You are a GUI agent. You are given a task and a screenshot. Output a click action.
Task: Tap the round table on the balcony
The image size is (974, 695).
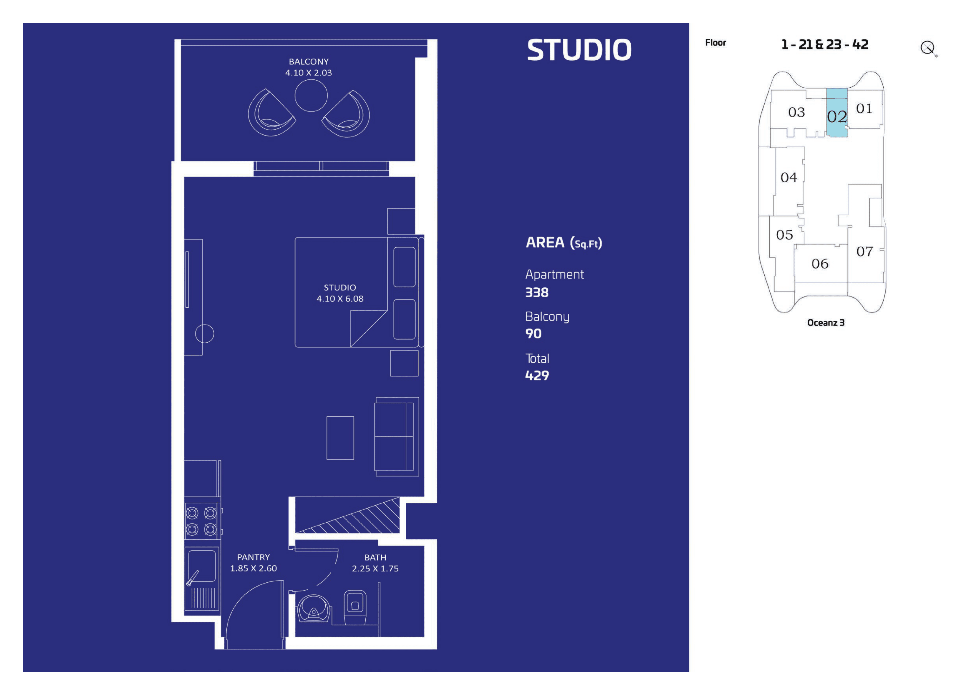click(x=311, y=95)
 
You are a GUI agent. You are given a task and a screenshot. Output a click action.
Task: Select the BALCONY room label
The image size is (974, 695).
click(x=308, y=62)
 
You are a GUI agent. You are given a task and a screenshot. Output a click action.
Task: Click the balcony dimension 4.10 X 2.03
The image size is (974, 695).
click(x=308, y=73)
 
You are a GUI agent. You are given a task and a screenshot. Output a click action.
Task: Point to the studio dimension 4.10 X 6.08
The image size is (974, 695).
click(x=340, y=299)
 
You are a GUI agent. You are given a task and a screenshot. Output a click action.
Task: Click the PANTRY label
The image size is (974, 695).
click(x=253, y=557)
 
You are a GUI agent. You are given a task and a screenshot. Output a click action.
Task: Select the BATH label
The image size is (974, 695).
click(x=375, y=558)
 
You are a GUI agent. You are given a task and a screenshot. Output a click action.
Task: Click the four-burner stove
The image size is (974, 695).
click(x=202, y=521)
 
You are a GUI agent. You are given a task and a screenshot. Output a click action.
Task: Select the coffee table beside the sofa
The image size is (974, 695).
click(x=340, y=438)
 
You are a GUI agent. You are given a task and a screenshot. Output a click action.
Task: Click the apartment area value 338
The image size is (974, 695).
click(x=537, y=293)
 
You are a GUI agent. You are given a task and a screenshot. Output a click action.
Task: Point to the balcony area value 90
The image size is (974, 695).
click(x=533, y=334)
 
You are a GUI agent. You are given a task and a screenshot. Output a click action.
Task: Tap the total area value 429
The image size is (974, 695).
click(x=537, y=376)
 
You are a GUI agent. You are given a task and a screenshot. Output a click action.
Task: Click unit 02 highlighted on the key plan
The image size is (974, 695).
click(x=836, y=113)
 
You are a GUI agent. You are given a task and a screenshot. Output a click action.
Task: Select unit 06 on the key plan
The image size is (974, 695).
click(x=820, y=264)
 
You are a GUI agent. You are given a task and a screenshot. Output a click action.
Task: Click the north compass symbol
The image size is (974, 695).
click(x=928, y=48)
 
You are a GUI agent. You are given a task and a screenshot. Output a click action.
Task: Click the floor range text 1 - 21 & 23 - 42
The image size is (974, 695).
click(x=824, y=44)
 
